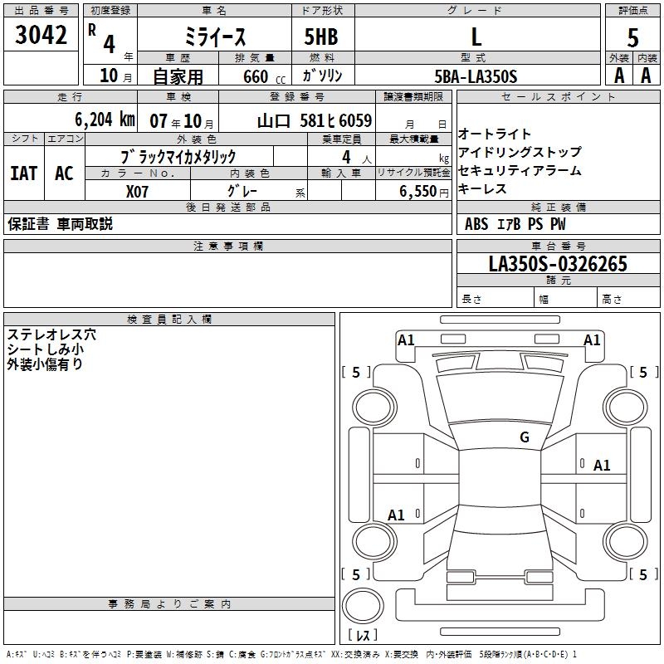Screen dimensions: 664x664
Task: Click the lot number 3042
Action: [41, 36]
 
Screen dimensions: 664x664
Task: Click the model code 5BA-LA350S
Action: [476, 76]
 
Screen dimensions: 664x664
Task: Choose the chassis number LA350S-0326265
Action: [558, 265]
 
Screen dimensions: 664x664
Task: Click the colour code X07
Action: [139, 190]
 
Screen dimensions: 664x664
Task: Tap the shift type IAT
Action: [23, 173]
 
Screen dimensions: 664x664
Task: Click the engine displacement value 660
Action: [255, 76]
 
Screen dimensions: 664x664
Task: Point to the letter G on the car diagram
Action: [525, 437]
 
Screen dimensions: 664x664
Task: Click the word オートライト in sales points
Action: [495, 134]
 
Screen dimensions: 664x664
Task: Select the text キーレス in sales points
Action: [482, 188]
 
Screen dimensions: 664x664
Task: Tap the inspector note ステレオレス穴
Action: [51, 334]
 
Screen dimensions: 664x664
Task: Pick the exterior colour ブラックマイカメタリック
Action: [178, 156]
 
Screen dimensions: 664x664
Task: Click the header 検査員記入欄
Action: [169, 320]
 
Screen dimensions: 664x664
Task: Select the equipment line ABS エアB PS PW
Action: [515, 224]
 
